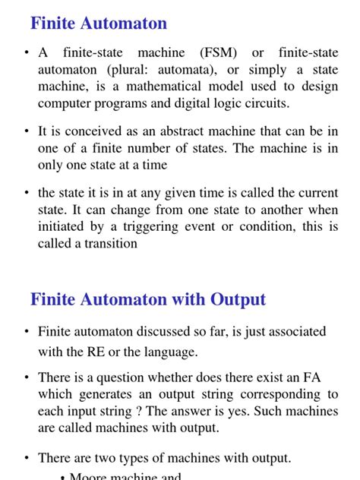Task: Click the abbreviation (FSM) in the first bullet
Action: [219, 52]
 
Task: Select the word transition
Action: [107, 244]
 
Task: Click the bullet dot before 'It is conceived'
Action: [27, 131]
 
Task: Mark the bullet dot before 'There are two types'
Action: [27, 458]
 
